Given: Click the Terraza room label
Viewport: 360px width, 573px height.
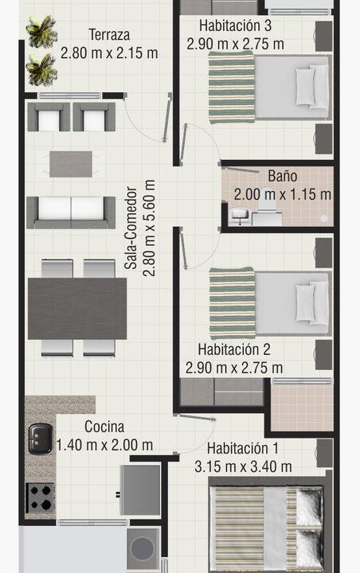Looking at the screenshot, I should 109,35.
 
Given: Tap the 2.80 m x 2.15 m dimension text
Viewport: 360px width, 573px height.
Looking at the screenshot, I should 109,53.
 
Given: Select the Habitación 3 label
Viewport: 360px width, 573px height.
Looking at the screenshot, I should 235,25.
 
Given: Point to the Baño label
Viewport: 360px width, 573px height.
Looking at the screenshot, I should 283,176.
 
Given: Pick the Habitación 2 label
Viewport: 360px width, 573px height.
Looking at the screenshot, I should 234,349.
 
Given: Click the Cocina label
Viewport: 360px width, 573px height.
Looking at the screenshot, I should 104,427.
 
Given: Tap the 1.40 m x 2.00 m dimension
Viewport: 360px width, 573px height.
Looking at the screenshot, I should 104,446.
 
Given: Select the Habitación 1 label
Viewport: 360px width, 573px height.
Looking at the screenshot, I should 242,447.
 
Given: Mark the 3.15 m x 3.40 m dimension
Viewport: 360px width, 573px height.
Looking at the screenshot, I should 242,466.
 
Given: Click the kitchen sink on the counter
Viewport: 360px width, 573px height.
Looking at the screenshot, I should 40,439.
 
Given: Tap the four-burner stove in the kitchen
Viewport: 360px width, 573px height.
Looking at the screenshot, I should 40,498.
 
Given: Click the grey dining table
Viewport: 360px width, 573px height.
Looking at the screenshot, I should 76,308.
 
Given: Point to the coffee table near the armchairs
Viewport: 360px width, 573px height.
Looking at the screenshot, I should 76,164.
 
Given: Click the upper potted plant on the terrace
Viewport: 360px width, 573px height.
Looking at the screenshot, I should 41,33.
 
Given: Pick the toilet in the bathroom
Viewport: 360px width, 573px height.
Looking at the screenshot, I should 240,213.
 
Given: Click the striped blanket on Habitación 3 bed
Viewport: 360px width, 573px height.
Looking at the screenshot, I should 232,92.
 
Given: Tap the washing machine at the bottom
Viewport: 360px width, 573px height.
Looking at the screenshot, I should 144,549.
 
